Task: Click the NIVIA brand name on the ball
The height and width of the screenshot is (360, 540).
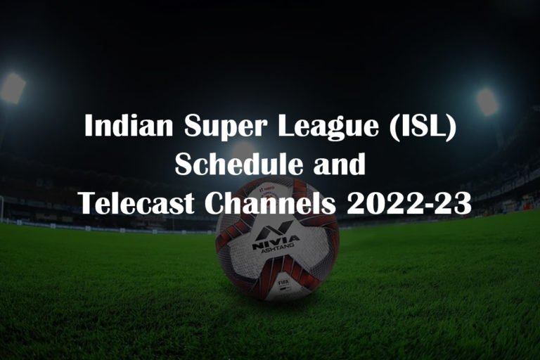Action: tap(275, 240)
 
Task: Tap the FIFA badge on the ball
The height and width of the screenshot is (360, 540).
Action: tap(283, 283)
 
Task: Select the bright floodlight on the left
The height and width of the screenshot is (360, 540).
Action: tap(12, 88)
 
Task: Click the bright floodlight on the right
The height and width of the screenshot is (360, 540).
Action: tap(487, 101)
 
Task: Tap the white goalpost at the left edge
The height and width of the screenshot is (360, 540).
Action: tap(2, 208)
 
